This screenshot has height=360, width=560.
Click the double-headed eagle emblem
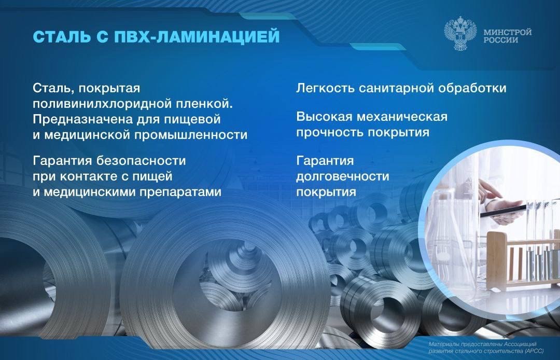coord(459,35)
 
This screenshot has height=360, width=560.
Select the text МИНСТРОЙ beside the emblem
coord(507,32)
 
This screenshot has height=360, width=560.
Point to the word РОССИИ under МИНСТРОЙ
coord(500,40)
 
